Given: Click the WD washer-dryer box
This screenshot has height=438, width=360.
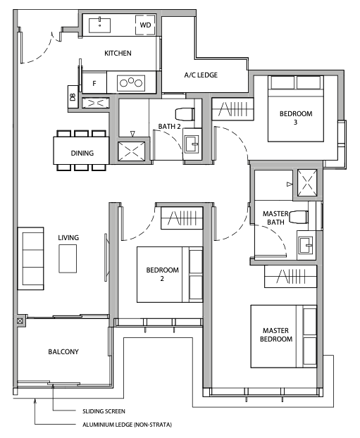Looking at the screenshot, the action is click(x=145, y=25).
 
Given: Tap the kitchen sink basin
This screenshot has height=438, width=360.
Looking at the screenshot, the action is click(x=99, y=25).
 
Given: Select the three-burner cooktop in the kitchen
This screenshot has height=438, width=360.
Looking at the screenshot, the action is click(x=131, y=83).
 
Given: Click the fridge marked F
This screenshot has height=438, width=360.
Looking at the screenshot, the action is click(x=94, y=83).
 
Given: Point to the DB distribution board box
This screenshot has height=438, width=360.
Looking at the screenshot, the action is click(x=73, y=97).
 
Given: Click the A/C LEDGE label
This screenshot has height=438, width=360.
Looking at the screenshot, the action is click(x=201, y=75).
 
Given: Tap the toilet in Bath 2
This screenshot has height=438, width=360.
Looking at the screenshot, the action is click(x=185, y=114).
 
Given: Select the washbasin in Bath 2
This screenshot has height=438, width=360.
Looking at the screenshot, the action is click(x=192, y=144).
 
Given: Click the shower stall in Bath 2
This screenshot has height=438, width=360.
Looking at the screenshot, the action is click(x=132, y=151).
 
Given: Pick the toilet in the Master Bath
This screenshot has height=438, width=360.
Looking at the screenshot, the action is click(x=299, y=217).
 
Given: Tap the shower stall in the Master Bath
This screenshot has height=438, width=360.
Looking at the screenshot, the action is click(x=307, y=182).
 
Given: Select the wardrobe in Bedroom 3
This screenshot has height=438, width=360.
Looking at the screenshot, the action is click(x=232, y=109).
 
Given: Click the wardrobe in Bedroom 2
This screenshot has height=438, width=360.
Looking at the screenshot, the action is click(x=182, y=218).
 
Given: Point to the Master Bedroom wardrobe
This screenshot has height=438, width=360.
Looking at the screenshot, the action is click(x=291, y=277).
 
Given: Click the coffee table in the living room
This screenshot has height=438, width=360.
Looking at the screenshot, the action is click(x=68, y=258).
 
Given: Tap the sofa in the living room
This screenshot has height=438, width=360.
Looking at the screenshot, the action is click(x=31, y=258).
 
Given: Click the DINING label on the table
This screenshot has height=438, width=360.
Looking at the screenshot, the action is click(x=82, y=153).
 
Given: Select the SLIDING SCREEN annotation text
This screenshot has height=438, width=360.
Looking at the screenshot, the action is click(x=104, y=411).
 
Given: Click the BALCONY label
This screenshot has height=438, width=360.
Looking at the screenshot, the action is click(x=63, y=351).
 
